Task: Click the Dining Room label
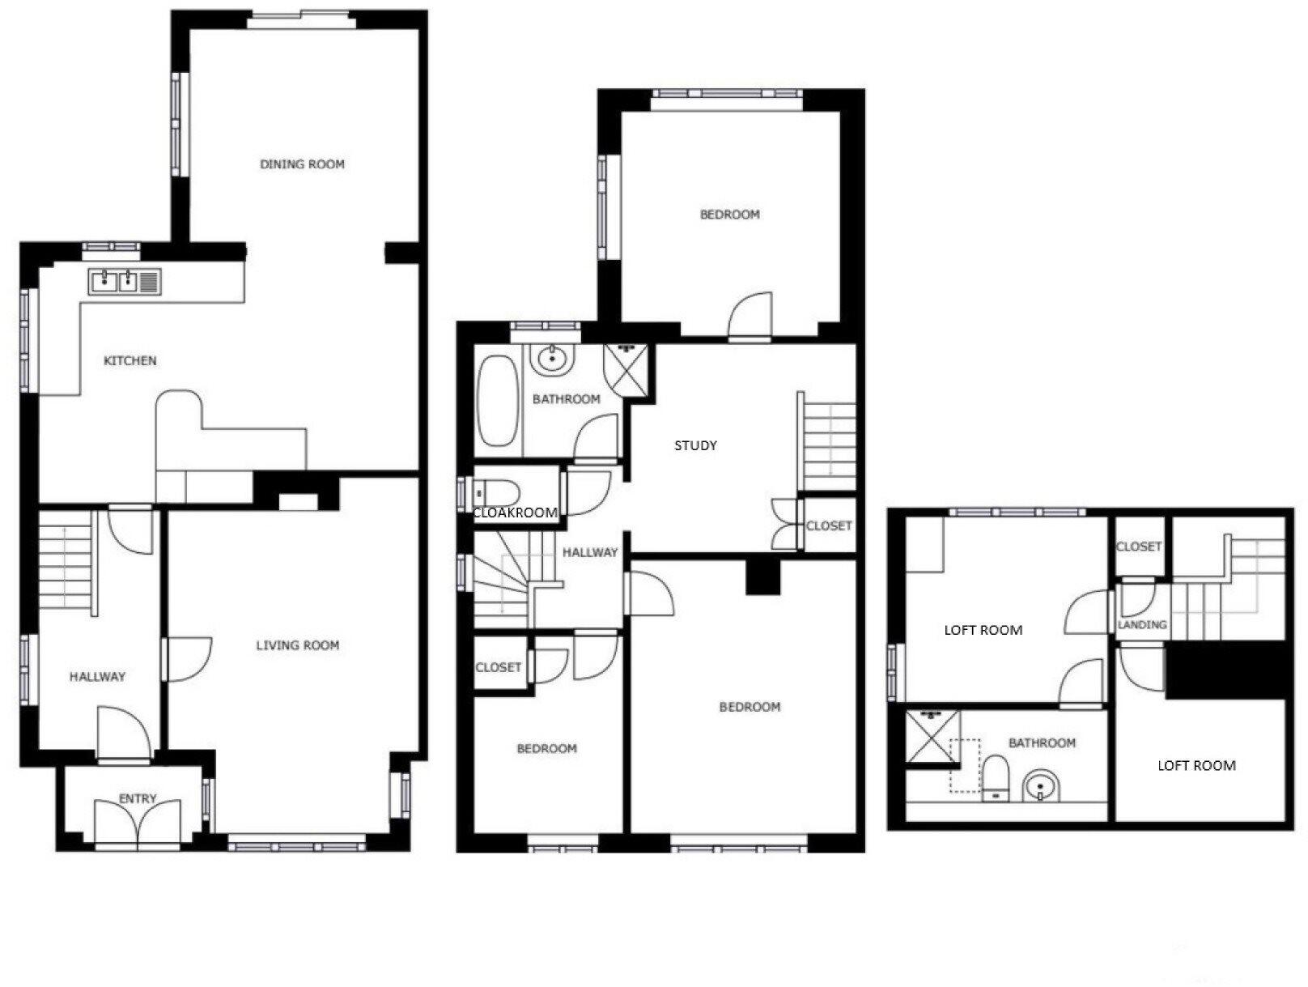(x=302, y=164)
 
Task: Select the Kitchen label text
(x=130, y=360)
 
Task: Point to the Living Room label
(x=297, y=645)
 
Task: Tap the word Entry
(x=138, y=798)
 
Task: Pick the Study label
(x=695, y=445)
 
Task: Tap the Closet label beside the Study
(x=829, y=525)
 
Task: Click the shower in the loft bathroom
(x=932, y=736)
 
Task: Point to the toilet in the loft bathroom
(x=995, y=778)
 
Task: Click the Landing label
(x=1142, y=624)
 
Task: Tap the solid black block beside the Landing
(x=1225, y=669)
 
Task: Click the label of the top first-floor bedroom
(x=729, y=215)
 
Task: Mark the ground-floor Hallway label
(x=97, y=677)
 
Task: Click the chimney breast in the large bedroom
(x=761, y=577)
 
